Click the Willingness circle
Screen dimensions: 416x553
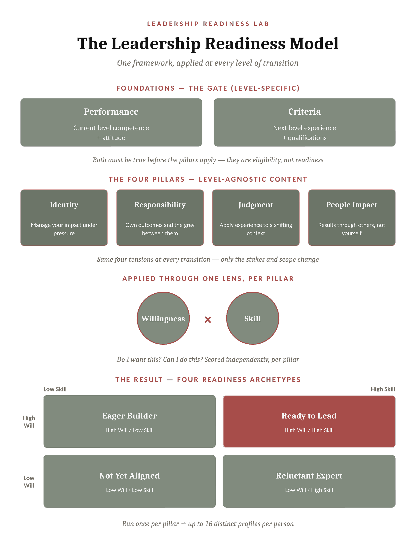[163, 318]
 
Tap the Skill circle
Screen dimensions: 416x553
[253, 318]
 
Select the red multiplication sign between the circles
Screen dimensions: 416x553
[208, 320]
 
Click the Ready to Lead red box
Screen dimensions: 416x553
[309, 421]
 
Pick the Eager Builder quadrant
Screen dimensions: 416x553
[130, 421]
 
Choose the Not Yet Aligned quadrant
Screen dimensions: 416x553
[130, 481]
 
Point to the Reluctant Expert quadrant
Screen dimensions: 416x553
[309, 481]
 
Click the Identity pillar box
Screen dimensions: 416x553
[64, 217]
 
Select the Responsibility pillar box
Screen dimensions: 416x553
[160, 217]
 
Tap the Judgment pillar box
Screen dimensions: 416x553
[256, 217]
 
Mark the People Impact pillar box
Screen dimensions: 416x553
[352, 217]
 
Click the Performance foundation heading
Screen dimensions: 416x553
[111, 112]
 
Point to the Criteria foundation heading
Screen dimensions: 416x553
[305, 112]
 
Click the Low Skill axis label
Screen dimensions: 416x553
[55, 389]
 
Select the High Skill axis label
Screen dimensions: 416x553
[383, 389]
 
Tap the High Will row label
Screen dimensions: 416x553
[29, 422]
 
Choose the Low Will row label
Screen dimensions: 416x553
[29, 482]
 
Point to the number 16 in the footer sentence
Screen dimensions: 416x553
[209, 524]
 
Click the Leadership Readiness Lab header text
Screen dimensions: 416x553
[208, 24]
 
